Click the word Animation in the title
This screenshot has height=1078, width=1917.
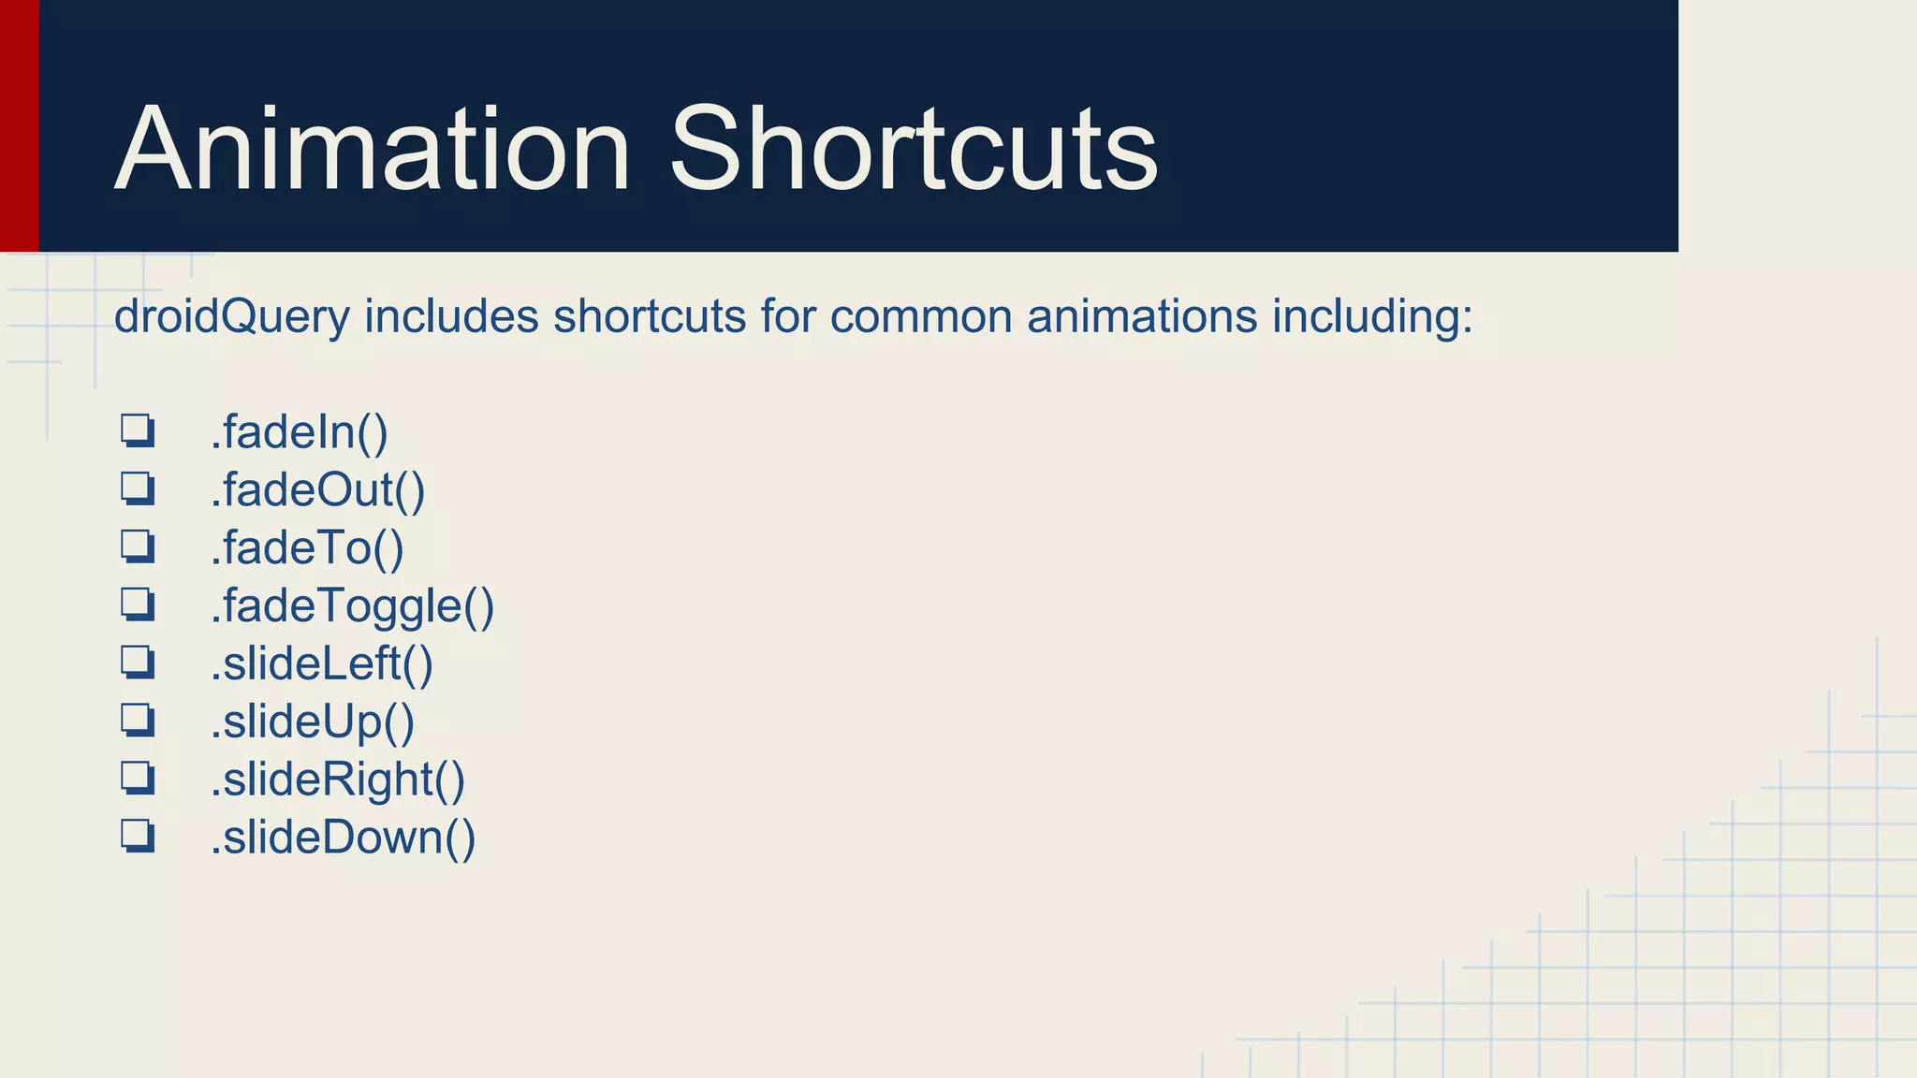(x=372, y=150)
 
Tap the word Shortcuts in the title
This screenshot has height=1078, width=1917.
(x=914, y=150)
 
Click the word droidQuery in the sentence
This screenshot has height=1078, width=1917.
(x=231, y=316)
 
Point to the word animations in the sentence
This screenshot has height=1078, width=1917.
(x=1142, y=316)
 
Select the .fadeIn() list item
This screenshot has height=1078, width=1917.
(x=299, y=432)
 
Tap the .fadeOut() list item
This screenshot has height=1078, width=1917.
(x=317, y=490)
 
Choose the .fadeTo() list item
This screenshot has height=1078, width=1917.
(x=307, y=548)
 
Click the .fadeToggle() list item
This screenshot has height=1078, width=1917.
(x=352, y=606)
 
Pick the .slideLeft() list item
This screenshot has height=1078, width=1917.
(x=321, y=663)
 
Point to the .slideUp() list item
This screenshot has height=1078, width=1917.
(x=312, y=721)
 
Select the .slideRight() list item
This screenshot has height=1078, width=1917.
(x=337, y=779)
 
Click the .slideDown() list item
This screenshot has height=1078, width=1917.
(x=343, y=838)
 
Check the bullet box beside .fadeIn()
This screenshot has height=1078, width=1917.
(x=137, y=431)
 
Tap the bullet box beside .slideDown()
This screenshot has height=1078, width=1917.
(x=137, y=836)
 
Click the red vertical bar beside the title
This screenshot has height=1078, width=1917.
(x=19, y=125)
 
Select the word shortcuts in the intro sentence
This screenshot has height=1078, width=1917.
(x=650, y=316)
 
